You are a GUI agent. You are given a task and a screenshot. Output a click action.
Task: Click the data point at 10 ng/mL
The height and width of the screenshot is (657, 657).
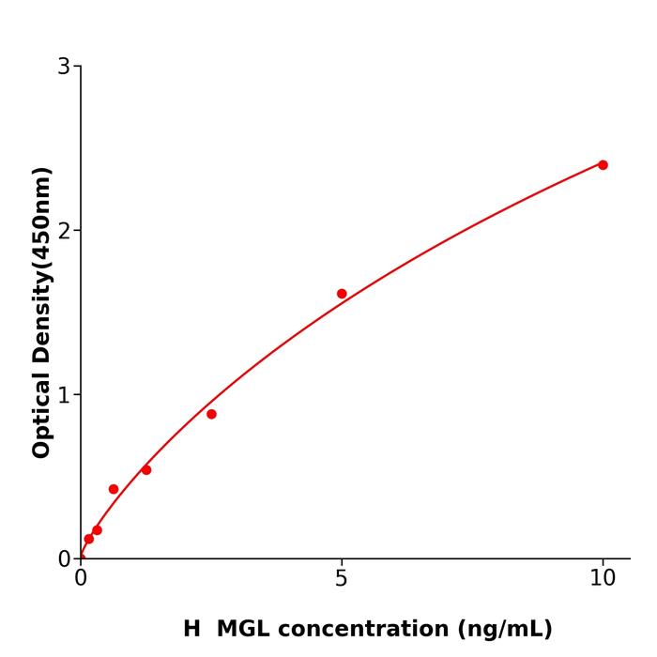603,165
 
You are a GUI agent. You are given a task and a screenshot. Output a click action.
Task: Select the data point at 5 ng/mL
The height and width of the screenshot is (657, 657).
342,294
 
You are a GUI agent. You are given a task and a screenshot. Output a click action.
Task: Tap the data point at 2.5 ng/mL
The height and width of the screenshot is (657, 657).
211,414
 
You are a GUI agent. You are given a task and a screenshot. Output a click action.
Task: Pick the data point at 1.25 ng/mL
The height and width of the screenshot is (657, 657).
146,469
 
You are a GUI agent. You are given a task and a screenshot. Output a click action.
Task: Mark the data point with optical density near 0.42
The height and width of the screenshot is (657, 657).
114,489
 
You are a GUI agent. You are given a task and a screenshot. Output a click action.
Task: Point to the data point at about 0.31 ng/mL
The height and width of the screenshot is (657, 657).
97,530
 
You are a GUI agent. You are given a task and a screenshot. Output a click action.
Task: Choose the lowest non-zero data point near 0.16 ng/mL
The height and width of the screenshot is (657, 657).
89,539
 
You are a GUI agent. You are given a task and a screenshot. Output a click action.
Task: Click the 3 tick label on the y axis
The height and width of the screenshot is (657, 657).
64,67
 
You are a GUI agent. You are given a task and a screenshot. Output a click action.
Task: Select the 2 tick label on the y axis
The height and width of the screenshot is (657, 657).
64,231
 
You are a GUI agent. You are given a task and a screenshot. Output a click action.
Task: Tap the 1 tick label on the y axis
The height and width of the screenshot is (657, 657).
64,395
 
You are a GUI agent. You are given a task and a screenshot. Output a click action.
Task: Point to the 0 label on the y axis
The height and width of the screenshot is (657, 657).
64,559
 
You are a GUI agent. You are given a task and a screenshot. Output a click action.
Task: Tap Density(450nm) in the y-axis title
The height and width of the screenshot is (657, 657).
41,266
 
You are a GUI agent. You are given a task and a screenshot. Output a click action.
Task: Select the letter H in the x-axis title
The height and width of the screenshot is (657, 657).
191,629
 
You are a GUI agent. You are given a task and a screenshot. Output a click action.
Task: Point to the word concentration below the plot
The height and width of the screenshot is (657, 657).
361,629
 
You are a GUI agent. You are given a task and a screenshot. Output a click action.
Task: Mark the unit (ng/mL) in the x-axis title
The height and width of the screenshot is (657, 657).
505,629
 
